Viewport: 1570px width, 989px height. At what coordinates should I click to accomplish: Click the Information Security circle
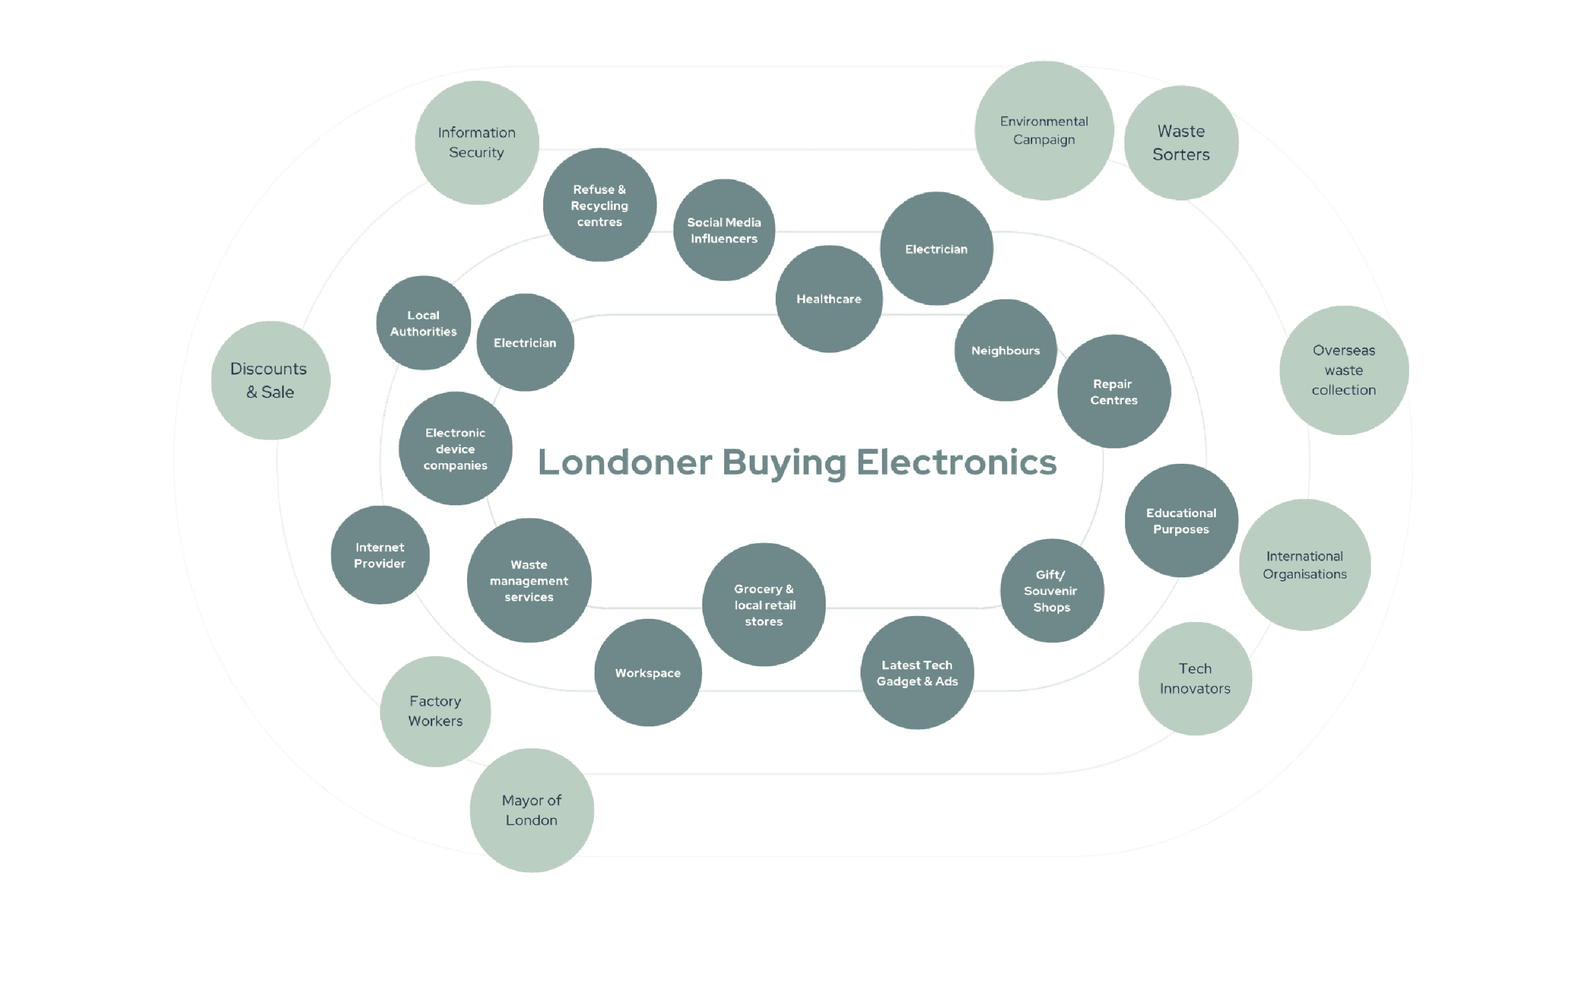pyautogui.click(x=476, y=142)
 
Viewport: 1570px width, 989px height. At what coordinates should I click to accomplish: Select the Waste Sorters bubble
pyautogui.click(x=1181, y=142)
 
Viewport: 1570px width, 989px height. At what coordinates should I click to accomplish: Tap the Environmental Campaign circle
pyautogui.click(x=1044, y=130)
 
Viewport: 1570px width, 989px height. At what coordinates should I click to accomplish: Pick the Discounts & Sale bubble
pyautogui.click(x=270, y=380)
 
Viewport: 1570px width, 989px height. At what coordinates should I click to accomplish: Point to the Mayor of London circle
pyautogui.click(x=531, y=810)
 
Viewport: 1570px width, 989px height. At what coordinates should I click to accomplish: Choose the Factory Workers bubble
pyautogui.click(x=435, y=711)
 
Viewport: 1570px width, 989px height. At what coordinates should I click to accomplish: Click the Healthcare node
pyautogui.click(x=828, y=299)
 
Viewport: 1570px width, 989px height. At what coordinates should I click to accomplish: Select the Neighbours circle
pyautogui.click(x=1005, y=350)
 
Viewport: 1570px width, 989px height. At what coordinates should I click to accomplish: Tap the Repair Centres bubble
pyautogui.click(x=1114, y=392)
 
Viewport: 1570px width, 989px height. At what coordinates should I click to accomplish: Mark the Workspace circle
pyautogui.click(x=647, y=672)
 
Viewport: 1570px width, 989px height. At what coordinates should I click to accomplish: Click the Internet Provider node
pyautogui.click(x=379, y=555)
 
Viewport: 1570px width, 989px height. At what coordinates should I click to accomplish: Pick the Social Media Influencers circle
pyautogui.click(x=724, y=230)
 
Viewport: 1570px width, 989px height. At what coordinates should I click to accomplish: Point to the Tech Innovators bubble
pyautogui.click(x=1195, y=678)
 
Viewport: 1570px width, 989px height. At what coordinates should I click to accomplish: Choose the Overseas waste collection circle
pyautogui.click(x=1344, y=370)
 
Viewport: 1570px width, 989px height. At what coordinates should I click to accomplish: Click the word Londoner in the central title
pyautogui.click(x=625, y=462)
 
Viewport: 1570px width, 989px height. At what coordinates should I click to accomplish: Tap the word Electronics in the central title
pyautogui.click(x=956, y=462)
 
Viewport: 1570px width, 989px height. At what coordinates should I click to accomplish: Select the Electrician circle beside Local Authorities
pyautogui.click(x=524, y=342)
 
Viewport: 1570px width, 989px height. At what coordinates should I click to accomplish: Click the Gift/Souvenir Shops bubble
pyautogui.click(x=1051, y=591)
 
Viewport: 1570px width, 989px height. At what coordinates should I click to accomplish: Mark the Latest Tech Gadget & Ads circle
pyautogui.click(x=917, y=672)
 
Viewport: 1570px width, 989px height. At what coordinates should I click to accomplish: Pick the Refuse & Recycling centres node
pyautogui.click(x=599, y=205)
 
